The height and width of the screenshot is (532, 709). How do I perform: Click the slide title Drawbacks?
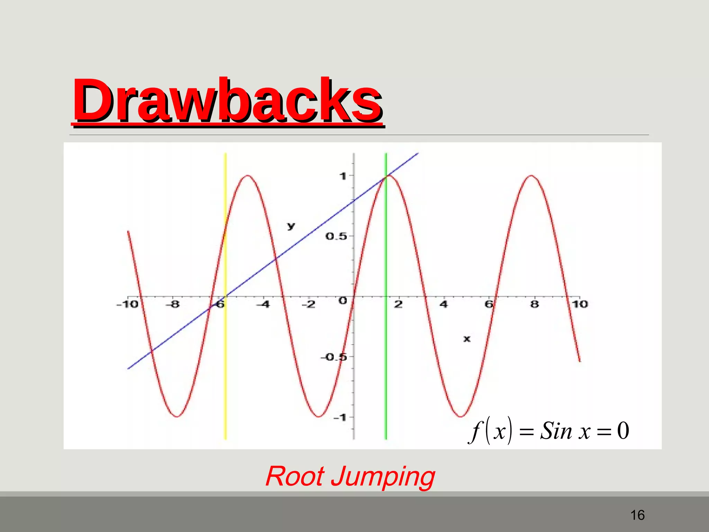[x=227, y=101]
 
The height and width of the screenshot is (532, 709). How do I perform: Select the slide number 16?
[x=637, y=515]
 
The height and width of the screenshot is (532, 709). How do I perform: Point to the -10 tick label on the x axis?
[x=127, y=304]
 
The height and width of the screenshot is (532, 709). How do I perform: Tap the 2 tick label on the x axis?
[x=398, y=304]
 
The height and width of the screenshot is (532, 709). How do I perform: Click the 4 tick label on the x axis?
[x=443, y=304]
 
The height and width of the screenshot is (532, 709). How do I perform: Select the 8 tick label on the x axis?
[x=535, y=304]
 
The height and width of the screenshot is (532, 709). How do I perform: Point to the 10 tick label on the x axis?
[x=580, y=304]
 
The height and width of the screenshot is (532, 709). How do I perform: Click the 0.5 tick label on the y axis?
[x=336, y=237]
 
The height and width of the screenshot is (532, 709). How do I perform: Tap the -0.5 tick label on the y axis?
[x=334, y=357]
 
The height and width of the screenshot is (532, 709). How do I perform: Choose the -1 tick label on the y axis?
[x=340, y=418]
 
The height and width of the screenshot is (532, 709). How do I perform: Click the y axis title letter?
[x=291, y=226]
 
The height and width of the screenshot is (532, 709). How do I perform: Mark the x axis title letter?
[x=467, y=339]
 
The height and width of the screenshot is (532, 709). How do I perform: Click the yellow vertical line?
[x=225, y=381]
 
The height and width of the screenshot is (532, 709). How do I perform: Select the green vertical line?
[x=386, y=381]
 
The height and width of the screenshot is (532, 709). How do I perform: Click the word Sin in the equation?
[x=556, y=431]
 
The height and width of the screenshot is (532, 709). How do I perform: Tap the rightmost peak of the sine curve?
[x=531, y=176]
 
